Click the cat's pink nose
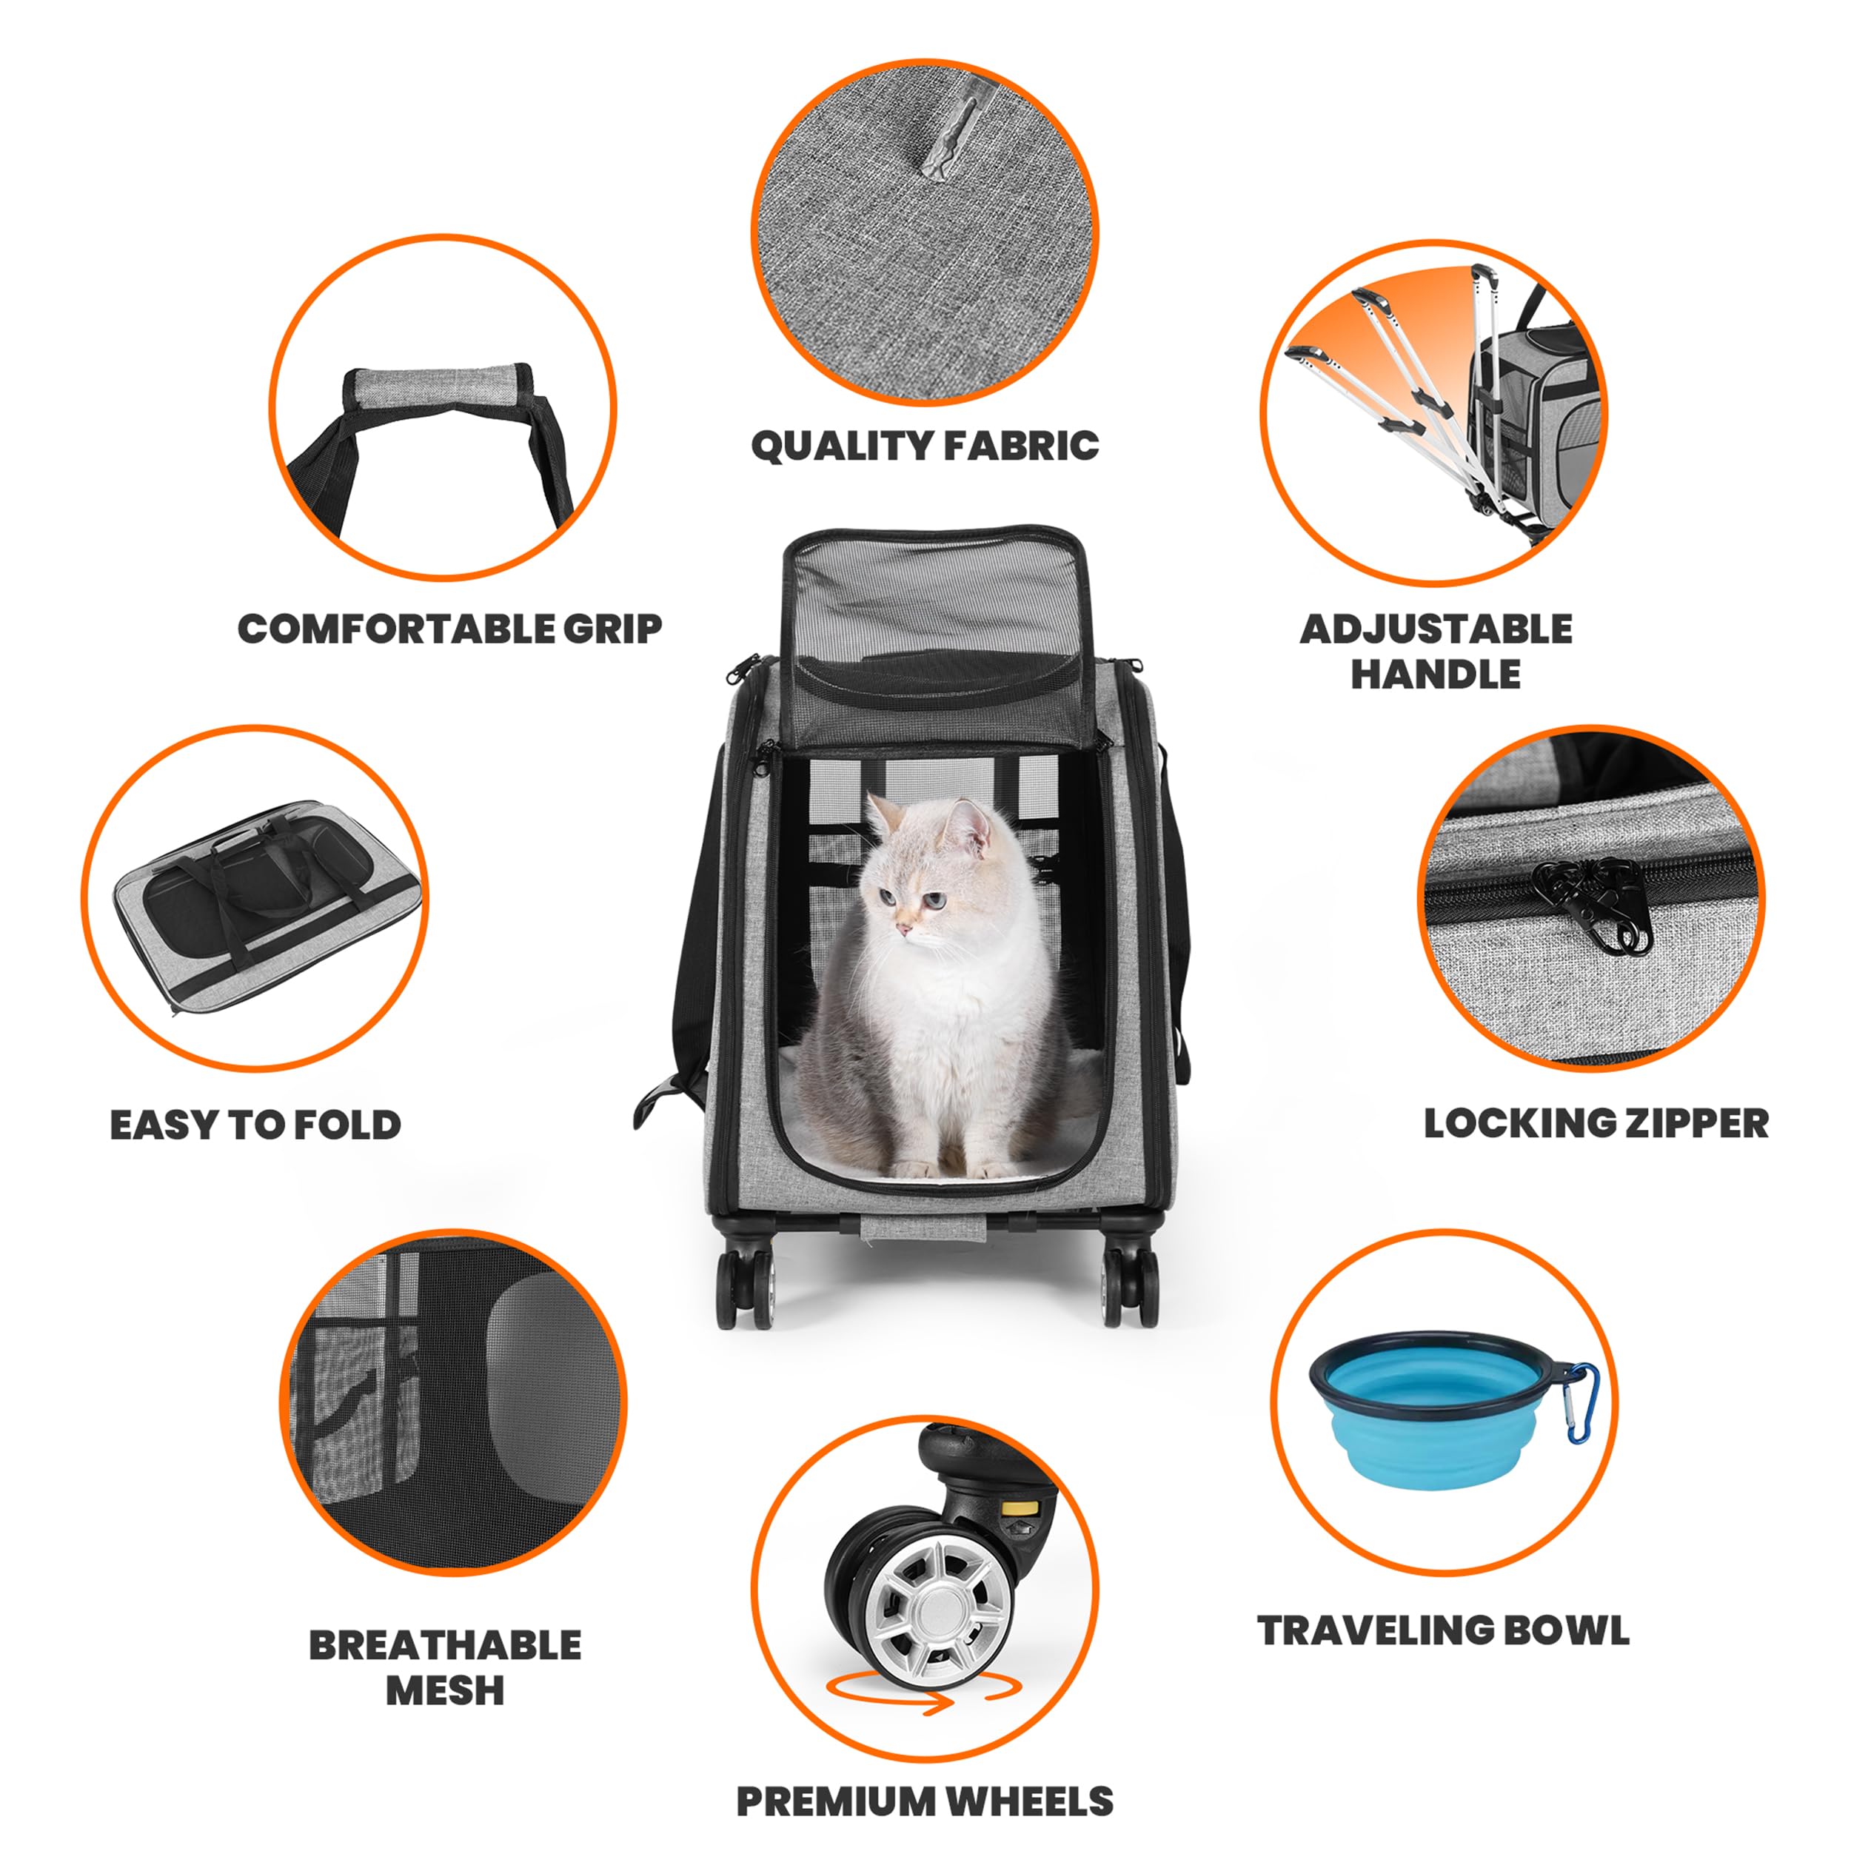(902, 929)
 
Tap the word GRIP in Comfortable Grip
(612, 629)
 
